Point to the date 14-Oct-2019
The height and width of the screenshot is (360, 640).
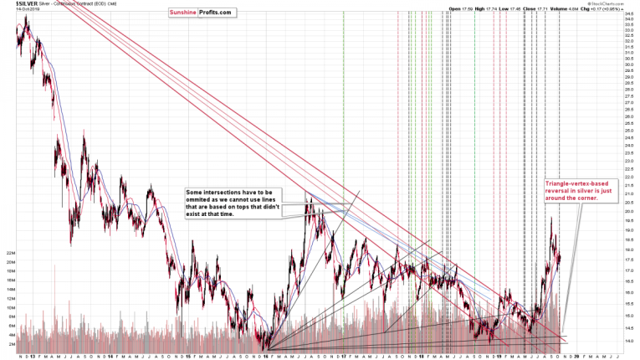[x=13, y=11]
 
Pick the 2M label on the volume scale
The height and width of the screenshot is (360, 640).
[x=12, y=343]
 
